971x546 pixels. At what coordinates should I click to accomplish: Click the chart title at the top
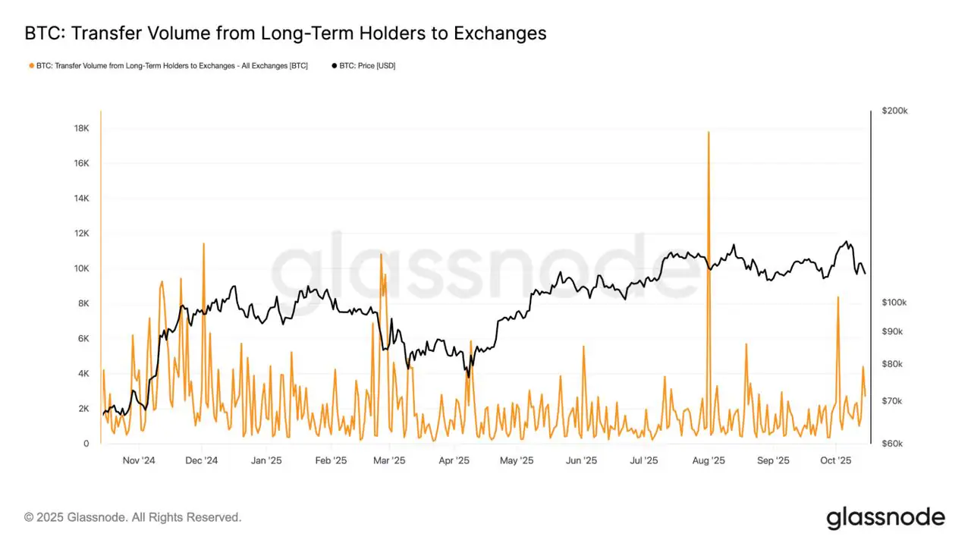tap(285, 33)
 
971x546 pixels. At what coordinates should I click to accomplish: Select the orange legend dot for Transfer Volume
tap(31, 66)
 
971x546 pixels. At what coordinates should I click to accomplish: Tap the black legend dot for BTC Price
tap(335, 66)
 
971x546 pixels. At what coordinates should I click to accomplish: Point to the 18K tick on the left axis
tap(81, 128)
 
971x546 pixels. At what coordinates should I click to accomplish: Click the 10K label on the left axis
tap(81, 268)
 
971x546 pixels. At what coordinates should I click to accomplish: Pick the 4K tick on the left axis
tap(83, 374)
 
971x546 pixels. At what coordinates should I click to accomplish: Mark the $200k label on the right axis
tap(895, 111)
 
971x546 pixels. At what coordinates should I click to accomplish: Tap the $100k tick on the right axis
tap(895, 303)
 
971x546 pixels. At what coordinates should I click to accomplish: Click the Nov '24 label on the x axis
tap(139, 460)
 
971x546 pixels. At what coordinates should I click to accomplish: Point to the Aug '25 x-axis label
tap(709, 460)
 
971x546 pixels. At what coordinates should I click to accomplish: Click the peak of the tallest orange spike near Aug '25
tap(709, 132)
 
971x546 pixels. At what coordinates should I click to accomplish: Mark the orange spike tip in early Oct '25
tap(837, 297)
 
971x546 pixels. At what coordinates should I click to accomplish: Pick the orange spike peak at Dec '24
tap(203, 243)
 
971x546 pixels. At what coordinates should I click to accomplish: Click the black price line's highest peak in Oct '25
tap(847, 242)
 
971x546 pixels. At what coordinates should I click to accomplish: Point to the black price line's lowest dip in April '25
tap(469, 377)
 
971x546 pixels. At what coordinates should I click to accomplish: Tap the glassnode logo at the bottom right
tap(885, 518)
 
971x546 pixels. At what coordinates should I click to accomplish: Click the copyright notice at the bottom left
tap(133, 517)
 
